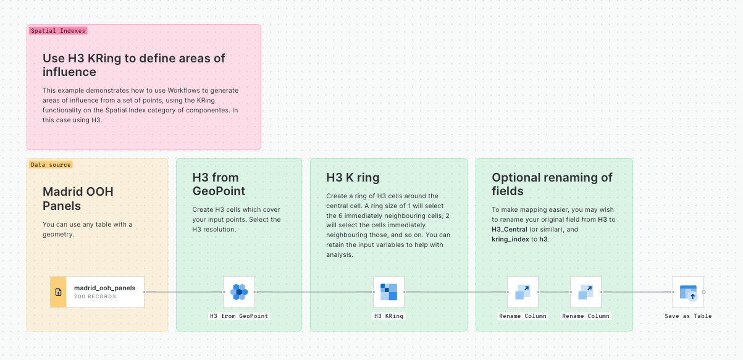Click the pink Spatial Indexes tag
[58, 30]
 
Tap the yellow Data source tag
[51, 165]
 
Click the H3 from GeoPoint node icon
[239, 292]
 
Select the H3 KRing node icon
[389, 292]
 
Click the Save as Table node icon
[688, 292]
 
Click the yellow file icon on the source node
[58, 292]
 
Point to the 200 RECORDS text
[95, 297]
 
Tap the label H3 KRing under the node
[389, 316]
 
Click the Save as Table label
[688, 316]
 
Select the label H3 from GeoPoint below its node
[239, 316]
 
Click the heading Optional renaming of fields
[552, 184]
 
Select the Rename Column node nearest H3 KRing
[523, 292]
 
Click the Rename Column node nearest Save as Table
[586, 292]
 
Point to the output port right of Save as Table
[704, 292]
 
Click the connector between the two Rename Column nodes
[554, 292]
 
